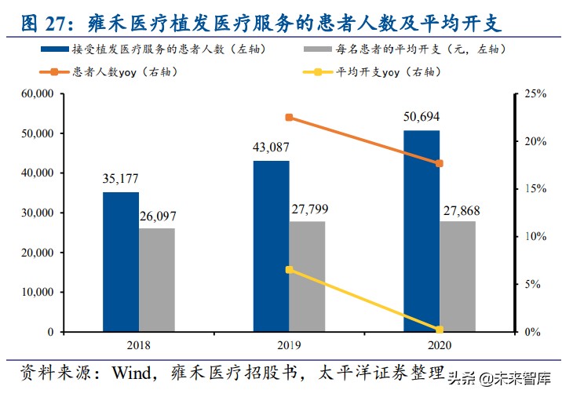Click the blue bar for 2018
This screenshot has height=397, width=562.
121,262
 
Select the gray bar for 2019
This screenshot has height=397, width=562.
307,276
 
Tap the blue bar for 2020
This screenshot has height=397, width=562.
421,231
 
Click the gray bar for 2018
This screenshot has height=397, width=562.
157,280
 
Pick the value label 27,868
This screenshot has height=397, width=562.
458,209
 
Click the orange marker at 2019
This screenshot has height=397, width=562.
289,118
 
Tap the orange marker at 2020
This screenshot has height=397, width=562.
440,163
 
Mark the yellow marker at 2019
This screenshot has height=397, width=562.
289,269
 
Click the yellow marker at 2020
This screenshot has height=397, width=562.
440,330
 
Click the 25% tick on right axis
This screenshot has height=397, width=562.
535,93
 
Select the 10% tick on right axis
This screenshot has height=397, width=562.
535,236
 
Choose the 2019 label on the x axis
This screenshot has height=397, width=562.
289,345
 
